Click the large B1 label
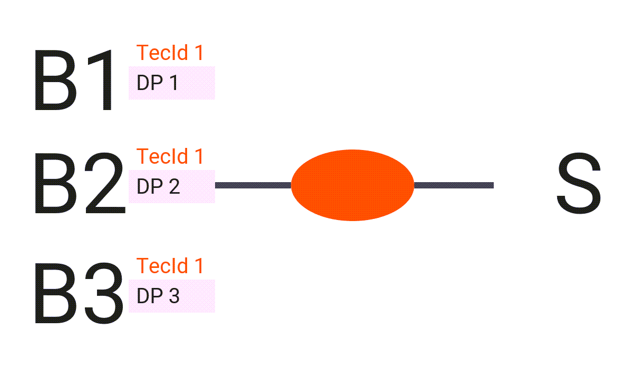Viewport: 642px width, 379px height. (x=73, y=80)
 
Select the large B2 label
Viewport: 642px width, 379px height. (x=80, y=183)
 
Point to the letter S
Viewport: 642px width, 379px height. (x=579, y=183)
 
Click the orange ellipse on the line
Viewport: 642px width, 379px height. (x=353, y=185)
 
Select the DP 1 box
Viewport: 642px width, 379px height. (x=172, y=83)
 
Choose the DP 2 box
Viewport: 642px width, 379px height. (x=172, y=187)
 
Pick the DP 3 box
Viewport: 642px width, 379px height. (x=172, y=296)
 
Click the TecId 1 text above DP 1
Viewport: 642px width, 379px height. (x=170, y=53)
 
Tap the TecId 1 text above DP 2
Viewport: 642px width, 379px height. (x=170, y=156)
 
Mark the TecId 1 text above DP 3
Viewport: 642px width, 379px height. (x=170, y=266)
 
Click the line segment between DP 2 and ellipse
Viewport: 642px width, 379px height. (x=253, y=185)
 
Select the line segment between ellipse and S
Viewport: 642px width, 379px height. (x=454, y=185)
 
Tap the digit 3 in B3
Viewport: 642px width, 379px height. (x=104, y=293)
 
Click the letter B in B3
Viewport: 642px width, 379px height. (x=55, y=293)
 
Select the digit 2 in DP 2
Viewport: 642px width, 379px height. (x=174, y=186)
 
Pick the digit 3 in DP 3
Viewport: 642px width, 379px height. (x=174, y=296)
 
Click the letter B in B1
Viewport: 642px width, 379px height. (x=55, y=80)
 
